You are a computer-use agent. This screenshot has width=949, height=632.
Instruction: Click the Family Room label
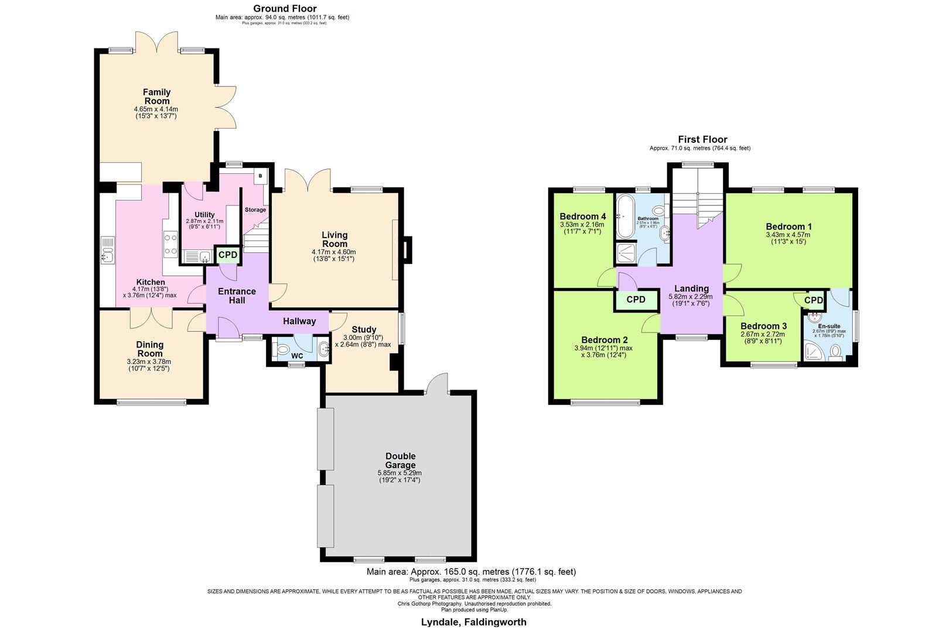pos(156,97)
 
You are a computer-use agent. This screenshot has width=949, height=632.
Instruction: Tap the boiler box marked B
pos(260,176)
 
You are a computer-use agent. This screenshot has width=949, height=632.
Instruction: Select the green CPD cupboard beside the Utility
pos(228,255)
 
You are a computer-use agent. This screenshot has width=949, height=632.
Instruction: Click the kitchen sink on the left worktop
pos(108,255)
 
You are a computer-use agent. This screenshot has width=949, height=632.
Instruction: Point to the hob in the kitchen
pos(170,244)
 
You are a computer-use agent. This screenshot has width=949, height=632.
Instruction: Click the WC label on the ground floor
pos(298,356)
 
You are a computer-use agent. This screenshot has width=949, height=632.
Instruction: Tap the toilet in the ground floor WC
pos(282,350)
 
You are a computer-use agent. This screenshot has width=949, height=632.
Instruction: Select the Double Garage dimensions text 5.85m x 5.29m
pos(400,473)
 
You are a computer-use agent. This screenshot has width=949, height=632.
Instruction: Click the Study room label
pos(364,329)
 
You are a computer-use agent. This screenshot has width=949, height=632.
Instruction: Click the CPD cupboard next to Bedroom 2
pos(636,300)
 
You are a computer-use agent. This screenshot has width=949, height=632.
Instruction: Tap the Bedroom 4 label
pos(582,216)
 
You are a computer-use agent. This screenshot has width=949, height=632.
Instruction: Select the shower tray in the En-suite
pos(813,351)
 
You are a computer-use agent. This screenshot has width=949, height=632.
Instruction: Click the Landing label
pos(691,288)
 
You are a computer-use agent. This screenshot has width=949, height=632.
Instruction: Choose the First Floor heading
pos(702,139)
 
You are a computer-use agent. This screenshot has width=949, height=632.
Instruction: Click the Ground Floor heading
pos(285,8)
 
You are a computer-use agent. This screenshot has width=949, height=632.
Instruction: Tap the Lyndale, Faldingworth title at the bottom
pos(473,622)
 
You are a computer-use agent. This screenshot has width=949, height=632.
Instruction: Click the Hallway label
pos(299,321)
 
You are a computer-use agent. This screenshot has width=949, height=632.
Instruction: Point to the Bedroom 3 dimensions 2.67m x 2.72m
pos(763,334)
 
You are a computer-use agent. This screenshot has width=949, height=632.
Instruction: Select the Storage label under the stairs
pos(255,209)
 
